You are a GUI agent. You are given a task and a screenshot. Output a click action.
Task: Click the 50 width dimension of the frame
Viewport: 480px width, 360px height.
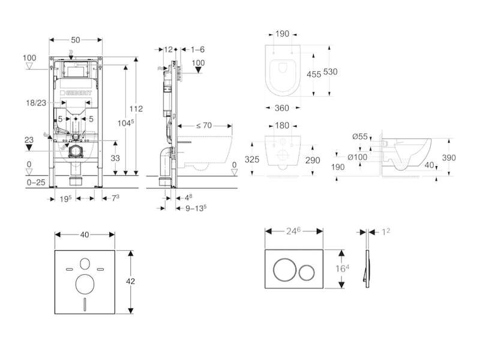(x=76, y=40)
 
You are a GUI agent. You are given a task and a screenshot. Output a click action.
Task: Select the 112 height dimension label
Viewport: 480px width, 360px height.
(x=136, y=109)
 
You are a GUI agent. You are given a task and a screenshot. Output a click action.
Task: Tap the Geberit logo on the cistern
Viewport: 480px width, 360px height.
(x=76, y=93)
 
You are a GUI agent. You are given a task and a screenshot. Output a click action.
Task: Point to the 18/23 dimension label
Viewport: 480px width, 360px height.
(x=36, y=103)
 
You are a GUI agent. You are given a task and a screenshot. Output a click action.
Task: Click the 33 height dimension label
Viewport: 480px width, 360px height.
(x=115, y=158)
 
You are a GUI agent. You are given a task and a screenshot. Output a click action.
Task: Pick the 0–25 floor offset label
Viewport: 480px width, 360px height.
(x=36, y=182)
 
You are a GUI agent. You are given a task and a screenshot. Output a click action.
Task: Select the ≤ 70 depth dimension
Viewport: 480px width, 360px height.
(x=204, y=125)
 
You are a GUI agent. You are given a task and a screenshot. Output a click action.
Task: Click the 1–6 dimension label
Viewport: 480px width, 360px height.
(x=198, y=50)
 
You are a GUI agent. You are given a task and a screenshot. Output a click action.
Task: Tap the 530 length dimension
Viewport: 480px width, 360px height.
(x=331, y=71)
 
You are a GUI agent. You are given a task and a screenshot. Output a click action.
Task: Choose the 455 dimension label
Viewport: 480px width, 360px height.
(x=314, y=74)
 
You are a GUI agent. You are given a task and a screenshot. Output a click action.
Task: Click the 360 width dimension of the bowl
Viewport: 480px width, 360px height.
(x=282, y=108)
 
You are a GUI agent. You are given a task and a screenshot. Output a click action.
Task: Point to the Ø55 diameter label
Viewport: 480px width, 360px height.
(x=360, y=137)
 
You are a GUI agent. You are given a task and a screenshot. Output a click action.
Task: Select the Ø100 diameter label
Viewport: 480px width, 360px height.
(x=358, y=157)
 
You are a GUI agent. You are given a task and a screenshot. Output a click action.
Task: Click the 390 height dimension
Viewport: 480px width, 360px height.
(x=449, y=158)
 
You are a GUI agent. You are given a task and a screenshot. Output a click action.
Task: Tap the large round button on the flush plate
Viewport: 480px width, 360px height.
(x=284, y=269)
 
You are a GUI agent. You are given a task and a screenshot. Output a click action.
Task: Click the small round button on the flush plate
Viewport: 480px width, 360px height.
(x=307, y=273)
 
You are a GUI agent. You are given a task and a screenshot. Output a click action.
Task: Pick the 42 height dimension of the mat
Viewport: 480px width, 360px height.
(x=130, y=281)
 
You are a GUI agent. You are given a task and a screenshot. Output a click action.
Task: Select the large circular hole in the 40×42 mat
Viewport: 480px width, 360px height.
(x=85, y=284)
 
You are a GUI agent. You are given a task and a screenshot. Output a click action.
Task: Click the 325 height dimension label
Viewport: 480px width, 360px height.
(x=252, y=159)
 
